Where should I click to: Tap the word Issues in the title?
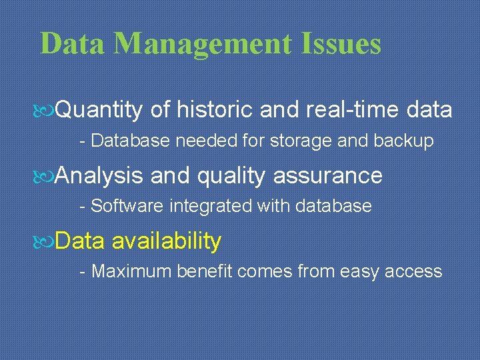341,45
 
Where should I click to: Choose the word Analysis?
99,176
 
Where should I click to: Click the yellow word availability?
167,241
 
